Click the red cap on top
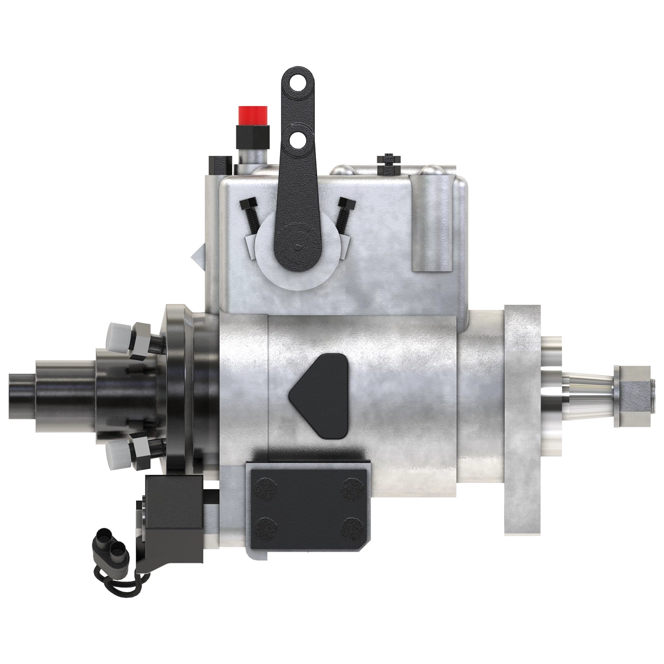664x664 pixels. (253, 115)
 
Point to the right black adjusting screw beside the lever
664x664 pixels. (345, 212)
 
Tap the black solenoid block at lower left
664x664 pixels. (174, 512)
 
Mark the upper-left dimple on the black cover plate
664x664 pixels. (267, 488)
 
